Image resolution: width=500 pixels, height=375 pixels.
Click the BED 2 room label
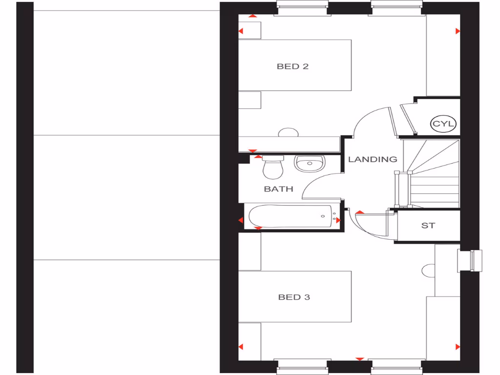tap(292, 66)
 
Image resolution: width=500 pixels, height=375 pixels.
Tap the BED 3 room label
tap(294, 297)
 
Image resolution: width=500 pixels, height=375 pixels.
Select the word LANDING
tap(373, 159)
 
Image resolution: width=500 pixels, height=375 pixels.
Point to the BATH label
tap(278, 188)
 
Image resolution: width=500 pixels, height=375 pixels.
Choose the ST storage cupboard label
tap(428, 226)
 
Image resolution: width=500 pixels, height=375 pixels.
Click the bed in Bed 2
tap(295, 65)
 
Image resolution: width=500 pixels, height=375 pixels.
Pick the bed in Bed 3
tap(295, 296)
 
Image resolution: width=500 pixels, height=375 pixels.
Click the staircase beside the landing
tap(435, 173)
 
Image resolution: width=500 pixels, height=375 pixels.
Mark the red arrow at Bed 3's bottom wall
tap(360, 359)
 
